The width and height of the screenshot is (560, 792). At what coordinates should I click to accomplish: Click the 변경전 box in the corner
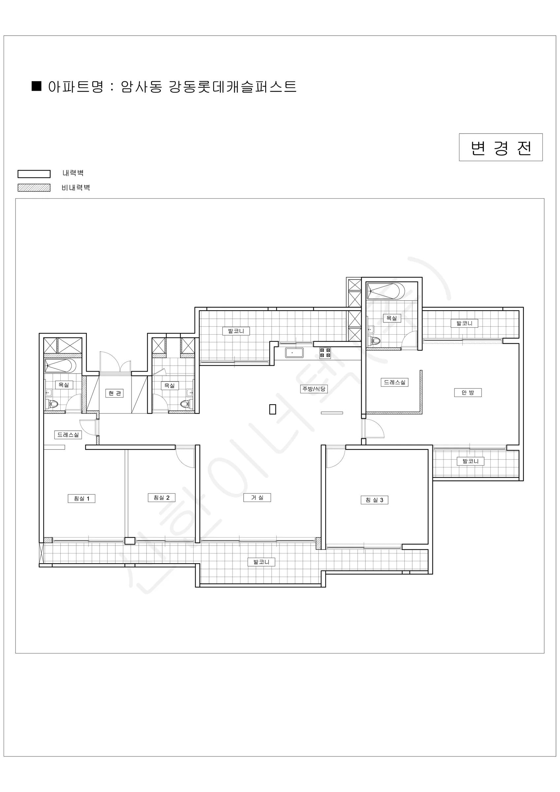(501, 147)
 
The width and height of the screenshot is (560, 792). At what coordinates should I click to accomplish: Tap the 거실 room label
(257, 497)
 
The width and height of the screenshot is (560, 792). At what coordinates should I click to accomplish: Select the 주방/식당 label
(313, 389)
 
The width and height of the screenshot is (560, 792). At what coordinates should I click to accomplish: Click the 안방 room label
(468, 393)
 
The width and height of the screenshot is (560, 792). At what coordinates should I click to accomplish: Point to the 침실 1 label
(81, 498)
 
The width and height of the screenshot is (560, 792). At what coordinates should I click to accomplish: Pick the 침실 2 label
(161, 497)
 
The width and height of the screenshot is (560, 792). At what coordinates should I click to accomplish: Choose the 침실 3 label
(374, 500)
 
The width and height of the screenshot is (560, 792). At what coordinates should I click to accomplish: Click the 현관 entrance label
(114, 393)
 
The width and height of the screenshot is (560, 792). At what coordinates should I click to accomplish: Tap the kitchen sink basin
(294, 353)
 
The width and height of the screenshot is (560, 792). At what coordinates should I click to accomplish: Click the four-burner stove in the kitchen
(325, 352)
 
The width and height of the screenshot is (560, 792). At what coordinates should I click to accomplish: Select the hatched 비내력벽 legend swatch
(34, 188)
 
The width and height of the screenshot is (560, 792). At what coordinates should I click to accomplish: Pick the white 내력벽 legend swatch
(34, 174)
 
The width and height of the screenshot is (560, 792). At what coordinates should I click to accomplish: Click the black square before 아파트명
(37, 86)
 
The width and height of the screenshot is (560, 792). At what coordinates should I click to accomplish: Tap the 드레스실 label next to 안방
(394, 382)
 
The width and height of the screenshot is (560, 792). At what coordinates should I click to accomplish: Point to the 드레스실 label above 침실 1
(68, 435)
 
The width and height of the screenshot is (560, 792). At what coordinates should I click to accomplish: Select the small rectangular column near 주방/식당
(272, 409)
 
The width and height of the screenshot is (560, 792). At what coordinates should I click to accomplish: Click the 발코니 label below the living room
(262, 562)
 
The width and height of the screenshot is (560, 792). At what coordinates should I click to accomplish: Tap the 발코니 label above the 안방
(464, 323)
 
